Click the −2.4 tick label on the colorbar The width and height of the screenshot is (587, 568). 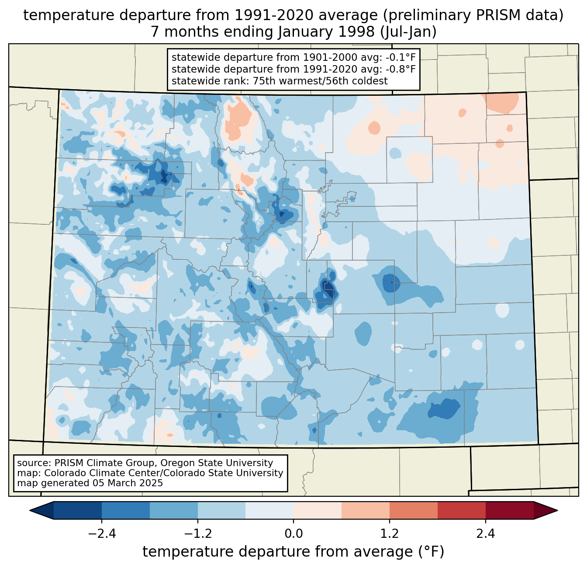click(x=102, y=534)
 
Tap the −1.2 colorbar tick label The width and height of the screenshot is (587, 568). click(x=197, y=534)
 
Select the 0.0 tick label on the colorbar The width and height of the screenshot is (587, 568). click(x=293, y=534)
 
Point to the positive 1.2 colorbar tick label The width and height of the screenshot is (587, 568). click(x=390, y=534)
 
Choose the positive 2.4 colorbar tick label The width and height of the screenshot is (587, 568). click(x=485, y=534)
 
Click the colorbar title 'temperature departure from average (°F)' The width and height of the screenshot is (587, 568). click(x=293, y=552)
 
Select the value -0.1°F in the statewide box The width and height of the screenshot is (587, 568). click(x=401, y=57)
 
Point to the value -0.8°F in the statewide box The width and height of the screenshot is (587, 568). click(x=401, y=69)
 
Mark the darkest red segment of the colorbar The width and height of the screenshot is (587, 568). click(x=509, y=510)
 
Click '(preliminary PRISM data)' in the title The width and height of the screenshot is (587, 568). click(x=473, y=15)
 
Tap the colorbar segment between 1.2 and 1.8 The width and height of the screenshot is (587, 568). click(x=413, y=510)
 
